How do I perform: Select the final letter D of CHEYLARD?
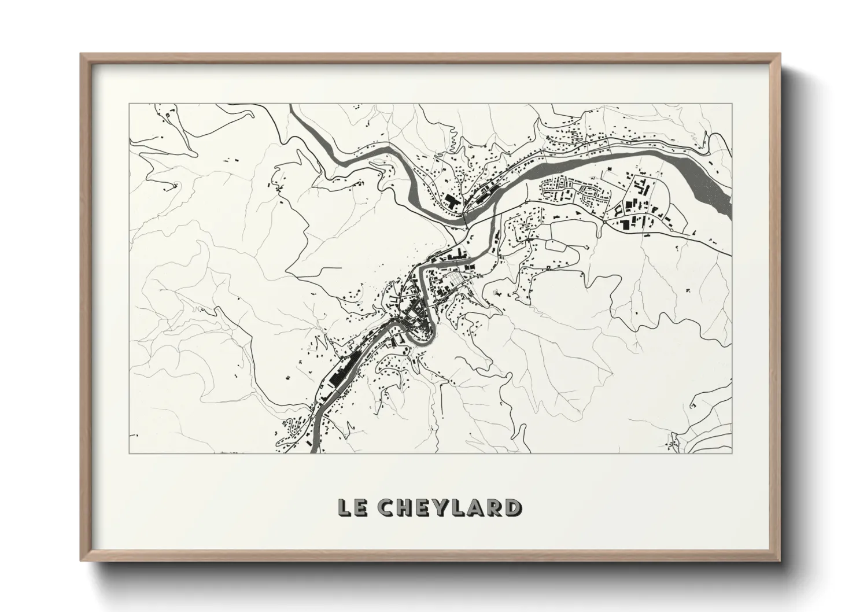511,507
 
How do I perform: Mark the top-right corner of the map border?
732,104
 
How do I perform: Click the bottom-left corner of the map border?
129,452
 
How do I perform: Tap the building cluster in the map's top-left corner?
171,113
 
